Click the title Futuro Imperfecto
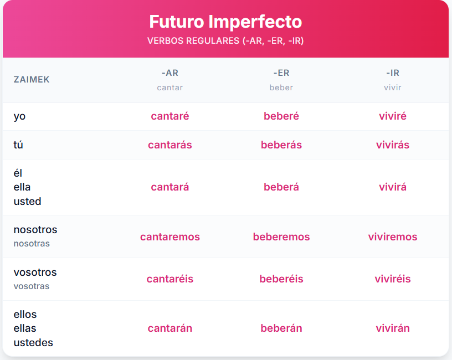(x=225, y=22)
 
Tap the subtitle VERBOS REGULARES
(x=193, y=40)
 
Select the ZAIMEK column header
(x=32, y=80)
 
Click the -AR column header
(x=170, y=73)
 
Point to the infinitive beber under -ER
(x=281, y=88)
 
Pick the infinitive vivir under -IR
(x=392, y=88)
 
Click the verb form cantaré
(x=170, y=116)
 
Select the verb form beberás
(x=281, y=145)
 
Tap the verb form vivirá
(x=392, y=187)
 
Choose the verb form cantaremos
(x=170, y=236)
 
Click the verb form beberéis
(x=281, y=279)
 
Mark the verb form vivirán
(x=392, y=328)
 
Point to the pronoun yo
(x=19, y=117)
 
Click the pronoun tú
(x=18, y=145)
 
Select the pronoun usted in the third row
(x=27, y=201)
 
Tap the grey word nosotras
(x=32, y=244)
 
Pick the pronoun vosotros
(x=35, y=272)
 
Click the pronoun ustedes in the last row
(x=33, y=342)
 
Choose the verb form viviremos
(x=392, y=236)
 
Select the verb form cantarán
(x=170, y=328)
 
